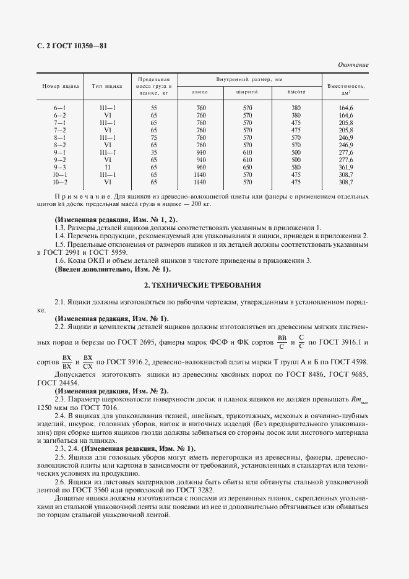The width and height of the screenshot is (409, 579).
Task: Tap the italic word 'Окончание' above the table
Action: [x=353, y=64]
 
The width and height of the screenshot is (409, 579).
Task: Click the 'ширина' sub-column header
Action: [x=247, y=92]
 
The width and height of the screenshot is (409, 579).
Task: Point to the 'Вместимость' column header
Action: [x=346, y=86]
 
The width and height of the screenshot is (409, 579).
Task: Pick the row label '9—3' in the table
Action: [x=60, y=167]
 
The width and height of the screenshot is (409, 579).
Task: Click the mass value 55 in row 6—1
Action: [x=154, y=108]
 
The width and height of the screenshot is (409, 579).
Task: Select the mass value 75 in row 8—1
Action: [x=154, y=137]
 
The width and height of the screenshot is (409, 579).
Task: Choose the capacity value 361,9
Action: [x=346, y=167]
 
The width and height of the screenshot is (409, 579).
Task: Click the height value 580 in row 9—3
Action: [x=296, y=167]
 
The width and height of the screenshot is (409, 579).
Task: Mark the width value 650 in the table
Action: [x=247, y=167]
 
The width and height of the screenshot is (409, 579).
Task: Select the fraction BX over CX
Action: [x=88, y=361]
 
